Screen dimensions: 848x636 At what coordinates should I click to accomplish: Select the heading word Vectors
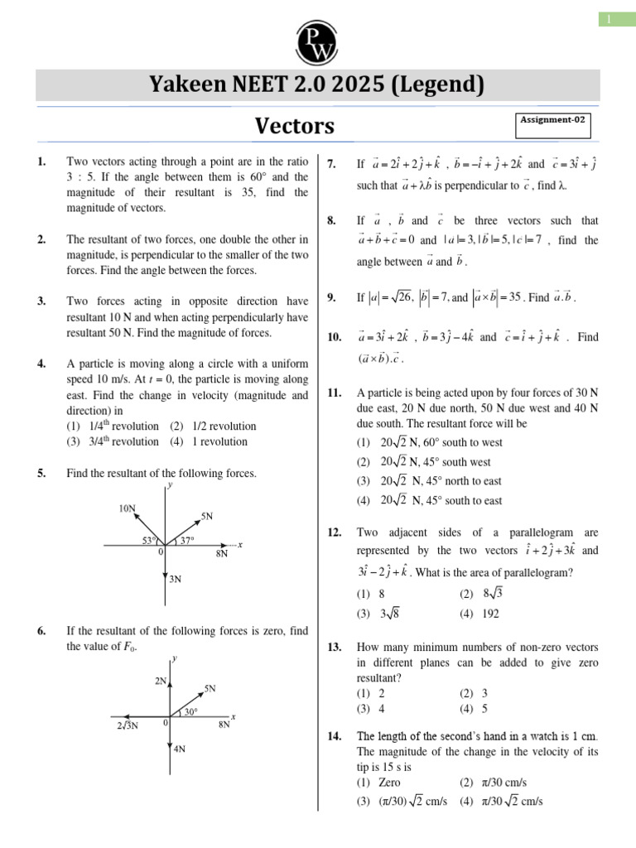295,126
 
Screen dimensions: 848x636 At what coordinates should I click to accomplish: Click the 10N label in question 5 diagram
128,508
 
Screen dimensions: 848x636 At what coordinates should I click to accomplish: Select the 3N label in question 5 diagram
175,579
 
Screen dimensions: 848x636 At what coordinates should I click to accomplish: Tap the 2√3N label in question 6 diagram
128,725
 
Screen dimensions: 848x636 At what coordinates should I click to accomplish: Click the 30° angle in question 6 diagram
190,711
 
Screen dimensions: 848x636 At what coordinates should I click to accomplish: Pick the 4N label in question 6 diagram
179,749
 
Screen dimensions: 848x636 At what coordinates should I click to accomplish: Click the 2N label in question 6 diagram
161,680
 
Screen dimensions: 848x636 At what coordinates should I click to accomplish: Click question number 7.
331,164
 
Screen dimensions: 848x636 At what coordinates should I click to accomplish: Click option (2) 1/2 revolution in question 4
213,426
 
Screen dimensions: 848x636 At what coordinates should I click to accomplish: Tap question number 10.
334,337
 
